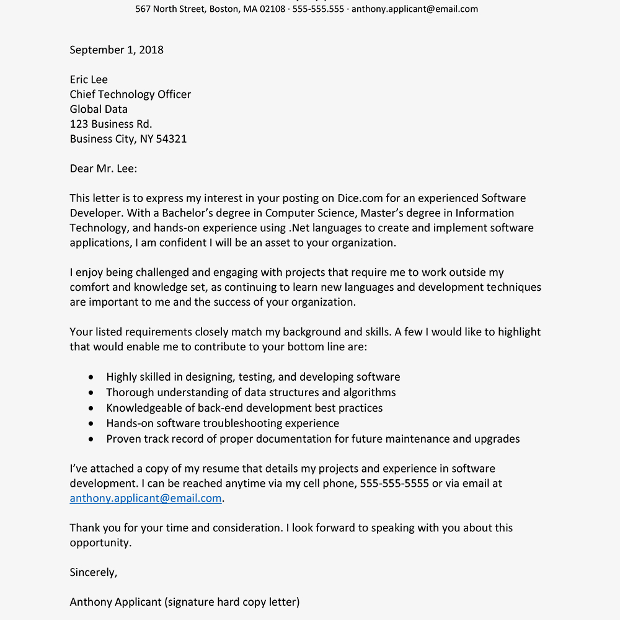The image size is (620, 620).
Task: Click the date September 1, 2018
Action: pyautogui.click(x=117, y=50)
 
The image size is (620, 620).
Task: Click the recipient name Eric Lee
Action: pyautogui.click(x=89, y=79)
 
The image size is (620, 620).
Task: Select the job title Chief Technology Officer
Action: pyautogui.click(x=130, y=94)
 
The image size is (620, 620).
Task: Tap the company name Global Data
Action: pyautogui.click(x=99, y=109)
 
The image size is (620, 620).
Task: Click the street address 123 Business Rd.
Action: pyautogui.click(x=111, y=124)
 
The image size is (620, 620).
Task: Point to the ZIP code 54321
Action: pyautogui.click(x=171, y=139)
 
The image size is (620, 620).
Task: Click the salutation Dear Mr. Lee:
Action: pyautogui.click(x=104, y=169)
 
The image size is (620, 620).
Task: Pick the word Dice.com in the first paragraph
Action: pyautogui.click(x=360, y=198)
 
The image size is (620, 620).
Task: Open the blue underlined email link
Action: pyautogui.click(x=146, y=498)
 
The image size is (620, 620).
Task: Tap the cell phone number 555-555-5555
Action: pyautogui.click(x=394, y=484)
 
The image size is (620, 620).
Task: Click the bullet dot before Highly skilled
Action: pyautogui.click(x=92, y=377)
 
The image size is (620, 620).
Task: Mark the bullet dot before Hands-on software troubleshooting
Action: pyautogui.click(x=92, y=423)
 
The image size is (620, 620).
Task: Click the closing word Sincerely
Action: pyautogui.click(x=93, y=573)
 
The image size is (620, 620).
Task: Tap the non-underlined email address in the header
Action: pyautogui.click(x=415, y=9)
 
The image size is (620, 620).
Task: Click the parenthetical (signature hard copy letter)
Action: pyautogui.click(x=231, y=602)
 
